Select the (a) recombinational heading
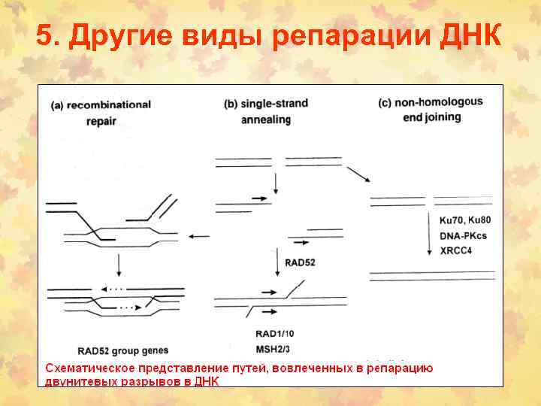point(101,105)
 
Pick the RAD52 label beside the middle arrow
point(300,262)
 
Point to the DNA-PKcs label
point(463,235)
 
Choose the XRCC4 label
point(456,250)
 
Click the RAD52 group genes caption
point(123,350)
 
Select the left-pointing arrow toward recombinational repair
point(199,237)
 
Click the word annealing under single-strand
point(264,119)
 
